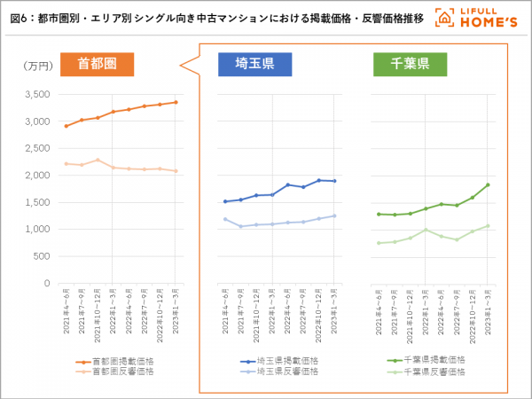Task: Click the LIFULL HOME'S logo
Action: [x=479, y=17]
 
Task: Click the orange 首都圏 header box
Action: [x=97, y=64]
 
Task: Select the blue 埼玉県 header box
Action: [x=255, y=64]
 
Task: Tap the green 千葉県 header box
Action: [x=411, y=64]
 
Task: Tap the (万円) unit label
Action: [x=38, y=66]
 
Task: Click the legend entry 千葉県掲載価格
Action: [x=434, y=360]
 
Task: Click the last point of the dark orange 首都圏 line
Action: [x=176, y=102]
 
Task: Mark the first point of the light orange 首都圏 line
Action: [x=66, y=163]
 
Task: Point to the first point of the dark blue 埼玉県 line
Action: [x=225, y=201]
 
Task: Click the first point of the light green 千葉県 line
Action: [x=379, y=243]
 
